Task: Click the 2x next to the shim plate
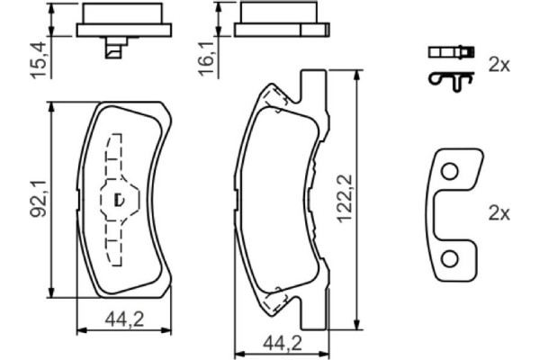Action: (498, 213)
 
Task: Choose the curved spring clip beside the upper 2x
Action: (449, 79)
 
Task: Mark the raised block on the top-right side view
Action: (279, 13)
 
